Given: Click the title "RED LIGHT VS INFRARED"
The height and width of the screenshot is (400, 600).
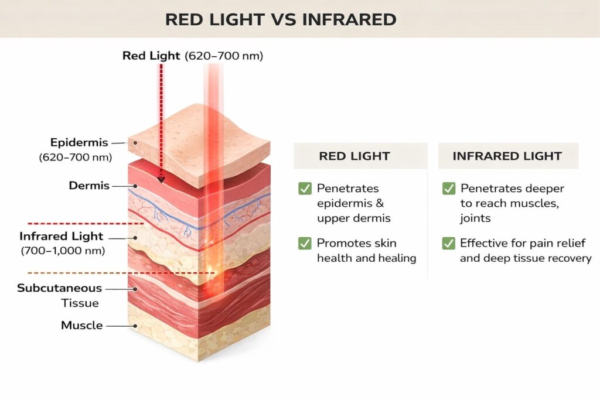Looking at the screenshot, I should click(280, 19).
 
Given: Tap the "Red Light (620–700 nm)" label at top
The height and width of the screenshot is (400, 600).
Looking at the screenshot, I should click(193, 56).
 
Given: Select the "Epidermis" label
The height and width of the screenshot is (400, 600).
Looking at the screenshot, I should click(80, 142).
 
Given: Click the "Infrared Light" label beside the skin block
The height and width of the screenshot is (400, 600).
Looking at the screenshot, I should click(61, 237).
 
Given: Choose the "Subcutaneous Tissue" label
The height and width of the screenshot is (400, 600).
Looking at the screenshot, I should click(59, 295).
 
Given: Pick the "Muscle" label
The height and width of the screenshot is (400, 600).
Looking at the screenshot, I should click(82, 325).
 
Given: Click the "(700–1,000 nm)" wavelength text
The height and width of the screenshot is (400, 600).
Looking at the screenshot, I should click(63, 251).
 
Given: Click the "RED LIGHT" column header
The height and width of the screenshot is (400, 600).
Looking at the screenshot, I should click(354, 156).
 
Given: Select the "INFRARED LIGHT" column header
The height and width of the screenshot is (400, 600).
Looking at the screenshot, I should click(507, 156).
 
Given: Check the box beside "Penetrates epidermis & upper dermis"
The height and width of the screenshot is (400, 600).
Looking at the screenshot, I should click(305, 188).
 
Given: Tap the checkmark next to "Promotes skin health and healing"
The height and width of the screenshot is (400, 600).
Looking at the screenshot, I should click(305, 243).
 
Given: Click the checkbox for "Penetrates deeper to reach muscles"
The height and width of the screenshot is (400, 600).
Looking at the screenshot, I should click(448, 188).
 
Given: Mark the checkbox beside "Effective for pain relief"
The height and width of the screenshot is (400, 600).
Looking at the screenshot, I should click(448, 243).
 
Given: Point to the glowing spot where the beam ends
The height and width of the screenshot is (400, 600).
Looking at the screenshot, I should click(212, 272).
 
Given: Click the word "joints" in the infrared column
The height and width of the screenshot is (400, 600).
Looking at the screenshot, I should click(475, 218).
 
